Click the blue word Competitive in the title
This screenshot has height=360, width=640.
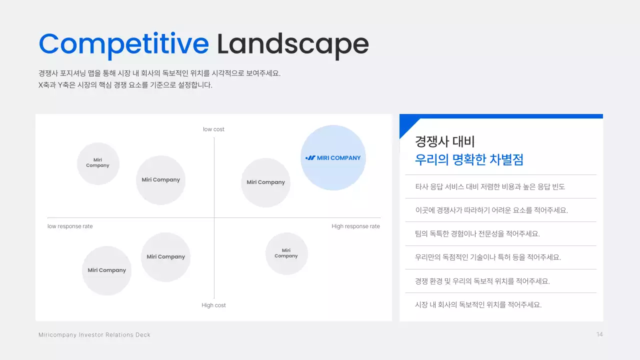(123, 44)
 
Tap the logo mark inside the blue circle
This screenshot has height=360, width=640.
(310, 158)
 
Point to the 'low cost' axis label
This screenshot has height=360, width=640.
(213, 129)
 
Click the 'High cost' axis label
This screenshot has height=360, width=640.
(213, 305)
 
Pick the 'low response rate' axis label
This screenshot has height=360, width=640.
(70, 226)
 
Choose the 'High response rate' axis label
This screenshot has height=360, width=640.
(355, 226)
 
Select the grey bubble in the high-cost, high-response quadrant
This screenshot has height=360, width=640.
(286, 253)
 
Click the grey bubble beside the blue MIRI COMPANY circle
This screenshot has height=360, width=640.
(265, 182)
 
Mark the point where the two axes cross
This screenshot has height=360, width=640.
(214, 218)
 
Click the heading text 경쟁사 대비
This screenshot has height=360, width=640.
(444, 141)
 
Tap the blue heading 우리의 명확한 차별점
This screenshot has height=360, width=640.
(469, 160)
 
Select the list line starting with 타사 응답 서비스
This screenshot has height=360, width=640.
(489, 187)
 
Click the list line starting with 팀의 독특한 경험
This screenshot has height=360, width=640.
(477, 234)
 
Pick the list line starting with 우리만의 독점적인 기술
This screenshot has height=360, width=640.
(487, 257)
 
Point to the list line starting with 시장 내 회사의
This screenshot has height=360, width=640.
(478, 304)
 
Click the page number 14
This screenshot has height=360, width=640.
(599, 334)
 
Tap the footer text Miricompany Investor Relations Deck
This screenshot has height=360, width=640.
(94, 335)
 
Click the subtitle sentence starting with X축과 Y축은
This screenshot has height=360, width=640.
(125, 85)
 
